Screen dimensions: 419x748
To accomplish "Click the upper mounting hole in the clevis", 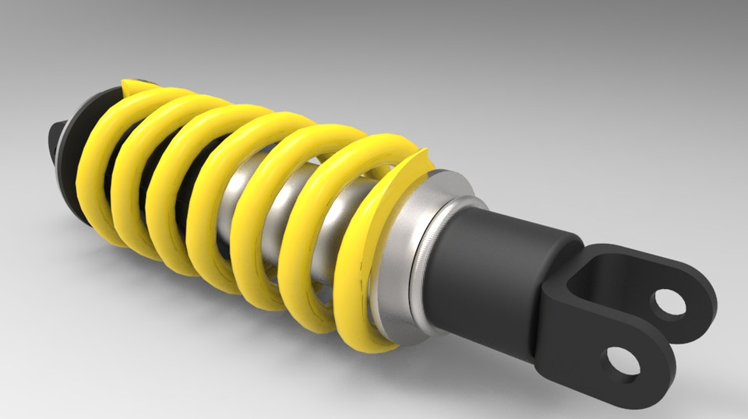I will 668,303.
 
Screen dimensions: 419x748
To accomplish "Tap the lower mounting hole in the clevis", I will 623,361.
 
